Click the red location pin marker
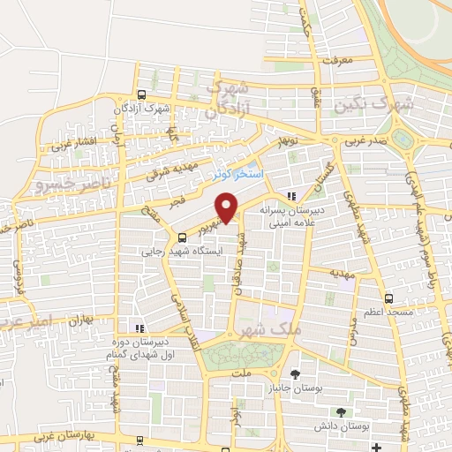(227, 207)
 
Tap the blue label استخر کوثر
(236, 175)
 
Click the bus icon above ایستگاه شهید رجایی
(182, 237)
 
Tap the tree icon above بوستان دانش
(342, 412)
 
